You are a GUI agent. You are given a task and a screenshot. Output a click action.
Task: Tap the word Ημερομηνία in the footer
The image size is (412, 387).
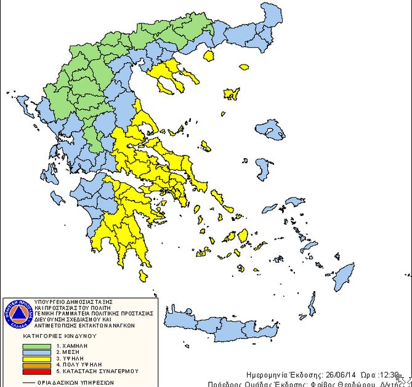pyautogui.click(x=265, y=374)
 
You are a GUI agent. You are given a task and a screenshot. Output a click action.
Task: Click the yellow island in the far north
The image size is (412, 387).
pyautogui.click(x=208, y=55)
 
